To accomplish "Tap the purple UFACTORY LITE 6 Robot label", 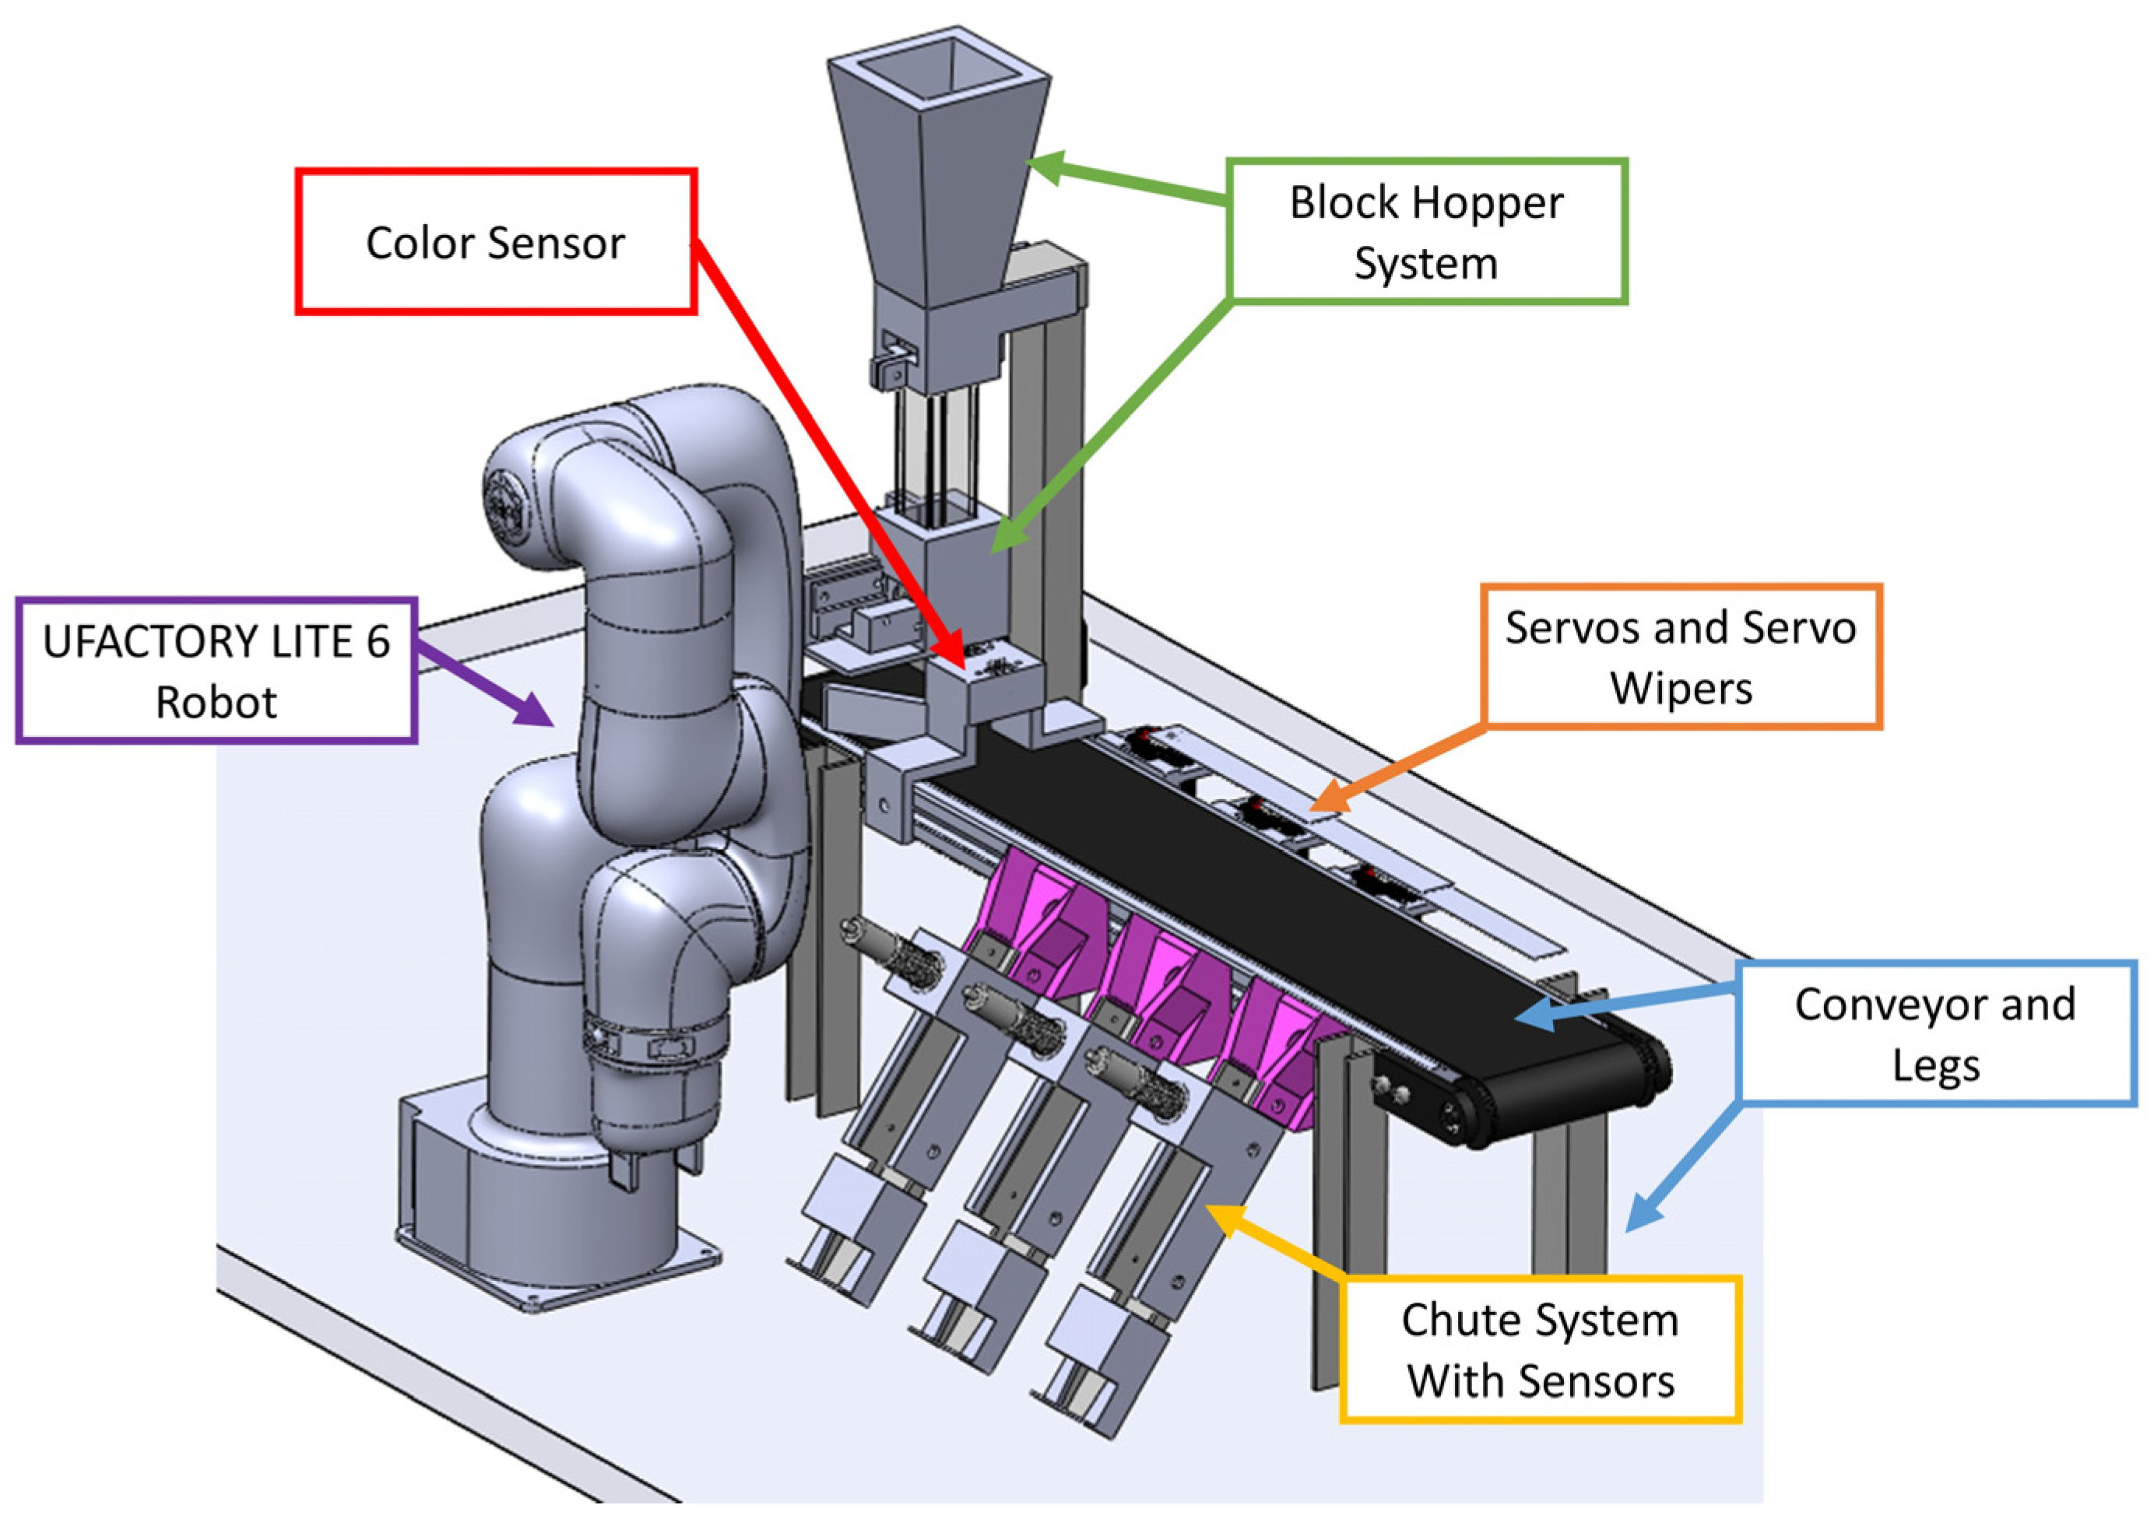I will coord(216,671).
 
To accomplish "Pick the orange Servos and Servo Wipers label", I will coord(1681,657).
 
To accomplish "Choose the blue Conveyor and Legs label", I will coord(1936,1033).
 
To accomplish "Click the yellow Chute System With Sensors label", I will coord(1539,1350).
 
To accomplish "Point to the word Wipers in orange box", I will coord(1681,689).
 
